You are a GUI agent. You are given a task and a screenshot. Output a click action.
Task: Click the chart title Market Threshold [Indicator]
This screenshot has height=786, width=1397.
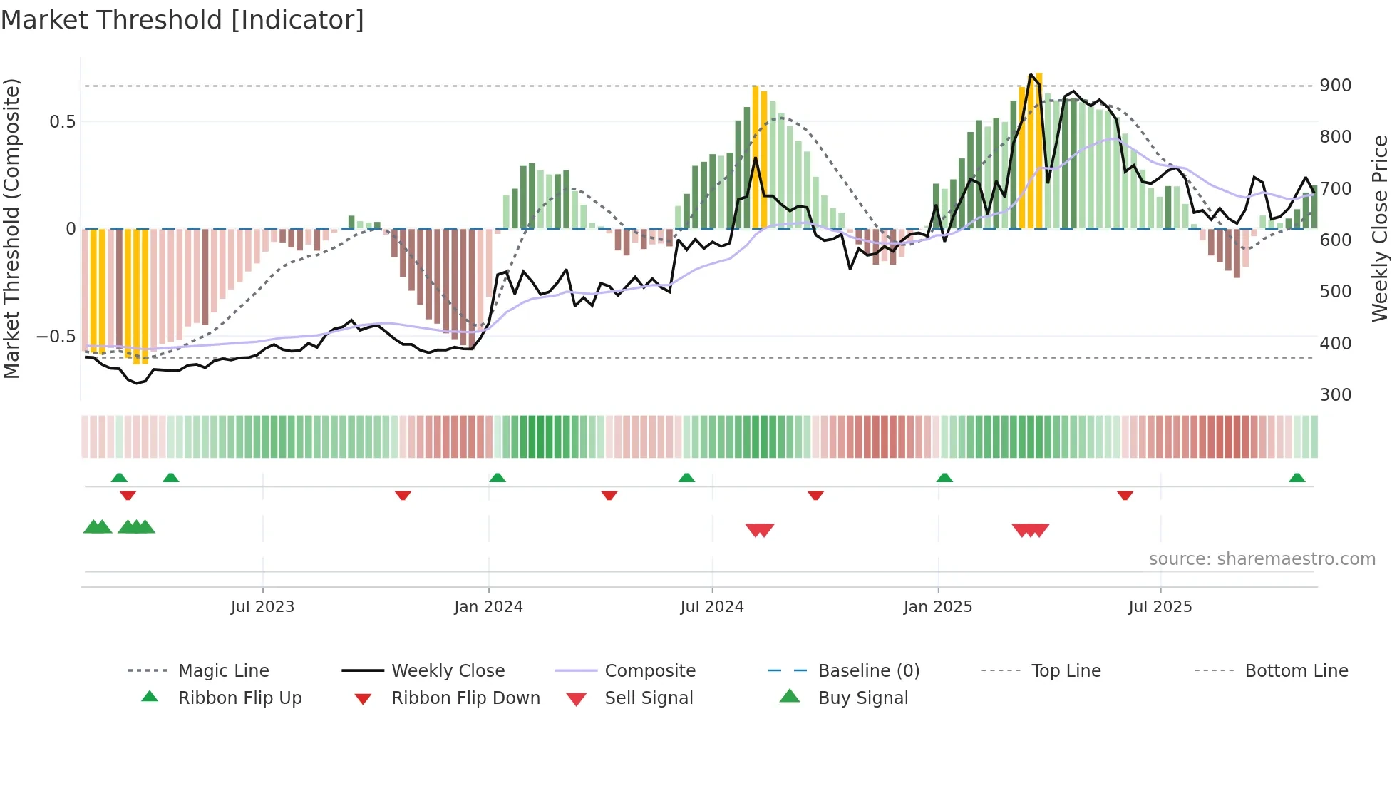(x=182, y=20)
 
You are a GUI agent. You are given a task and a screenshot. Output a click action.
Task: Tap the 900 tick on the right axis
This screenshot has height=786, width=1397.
(x=1335, y=86)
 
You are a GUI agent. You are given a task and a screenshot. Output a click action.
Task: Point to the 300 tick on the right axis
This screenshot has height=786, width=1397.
(x=1335, y=395)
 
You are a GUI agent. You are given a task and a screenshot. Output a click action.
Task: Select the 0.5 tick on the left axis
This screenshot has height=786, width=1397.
(x=62, y=122)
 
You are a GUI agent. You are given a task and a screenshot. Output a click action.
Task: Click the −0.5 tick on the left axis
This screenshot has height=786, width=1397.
(x=56, y=337)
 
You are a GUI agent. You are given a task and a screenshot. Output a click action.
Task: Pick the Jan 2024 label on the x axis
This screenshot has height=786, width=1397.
(x=488, y=607)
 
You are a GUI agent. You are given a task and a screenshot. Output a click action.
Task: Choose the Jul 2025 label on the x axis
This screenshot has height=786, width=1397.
(x=1160, y=607)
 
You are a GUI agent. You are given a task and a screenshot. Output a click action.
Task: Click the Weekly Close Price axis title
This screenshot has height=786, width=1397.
(x=1380, y=228)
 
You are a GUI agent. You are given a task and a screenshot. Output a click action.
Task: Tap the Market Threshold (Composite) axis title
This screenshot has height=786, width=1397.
(x=11, y=228)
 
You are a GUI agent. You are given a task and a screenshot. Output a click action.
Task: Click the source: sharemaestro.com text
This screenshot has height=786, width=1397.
(x=1262, y=559)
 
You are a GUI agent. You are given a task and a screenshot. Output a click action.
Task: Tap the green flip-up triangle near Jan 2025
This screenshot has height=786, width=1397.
(x=944, y=478)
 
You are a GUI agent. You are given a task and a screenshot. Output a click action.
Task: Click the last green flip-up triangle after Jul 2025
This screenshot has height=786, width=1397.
(x=1297, y=478)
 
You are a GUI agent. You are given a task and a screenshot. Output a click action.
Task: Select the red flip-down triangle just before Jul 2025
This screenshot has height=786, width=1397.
(x=1125, y=495)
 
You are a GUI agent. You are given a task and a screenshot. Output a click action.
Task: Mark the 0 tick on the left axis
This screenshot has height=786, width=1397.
(x=71, y=229)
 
